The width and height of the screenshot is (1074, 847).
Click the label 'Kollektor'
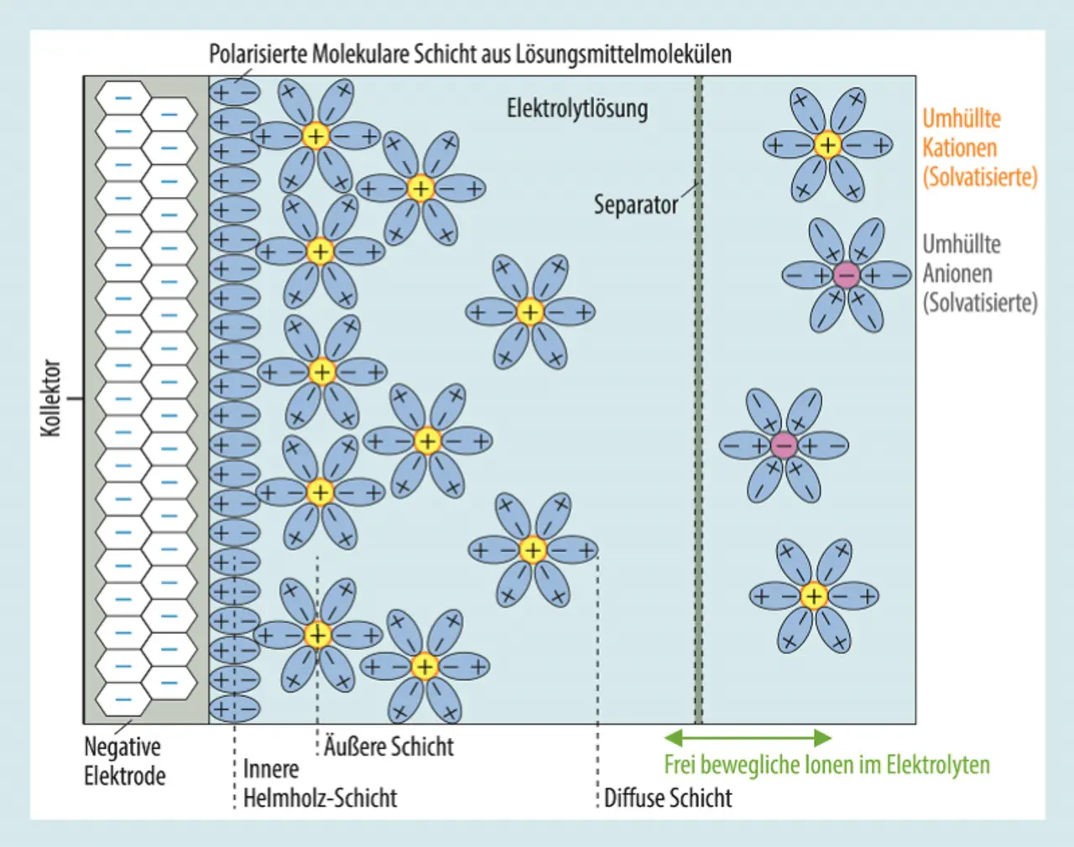coord(51,398)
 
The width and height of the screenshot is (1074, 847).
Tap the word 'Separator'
coord(635,205)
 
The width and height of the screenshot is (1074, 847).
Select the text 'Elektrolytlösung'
coord(577,108)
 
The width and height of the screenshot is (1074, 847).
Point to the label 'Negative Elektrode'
coord(123,761)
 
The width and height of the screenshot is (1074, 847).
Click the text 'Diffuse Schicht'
coord(668,798)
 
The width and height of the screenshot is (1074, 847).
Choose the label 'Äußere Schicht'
coord(388,746)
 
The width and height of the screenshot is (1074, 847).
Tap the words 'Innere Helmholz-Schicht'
coord(319,783)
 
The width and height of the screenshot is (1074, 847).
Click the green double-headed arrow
coord(748,738)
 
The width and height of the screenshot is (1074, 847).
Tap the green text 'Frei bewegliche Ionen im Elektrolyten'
coord(826,765)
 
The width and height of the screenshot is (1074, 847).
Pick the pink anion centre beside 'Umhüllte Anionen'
coord(846,274)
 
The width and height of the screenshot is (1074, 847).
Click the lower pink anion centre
coord(784,445)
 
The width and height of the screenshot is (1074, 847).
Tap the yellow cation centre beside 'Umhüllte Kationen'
coord(827,145)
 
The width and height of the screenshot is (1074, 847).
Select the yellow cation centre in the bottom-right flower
coord(813,596)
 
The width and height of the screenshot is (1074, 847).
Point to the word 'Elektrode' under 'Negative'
coord(124,776)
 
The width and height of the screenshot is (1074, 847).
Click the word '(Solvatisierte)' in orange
coord(979,177)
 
